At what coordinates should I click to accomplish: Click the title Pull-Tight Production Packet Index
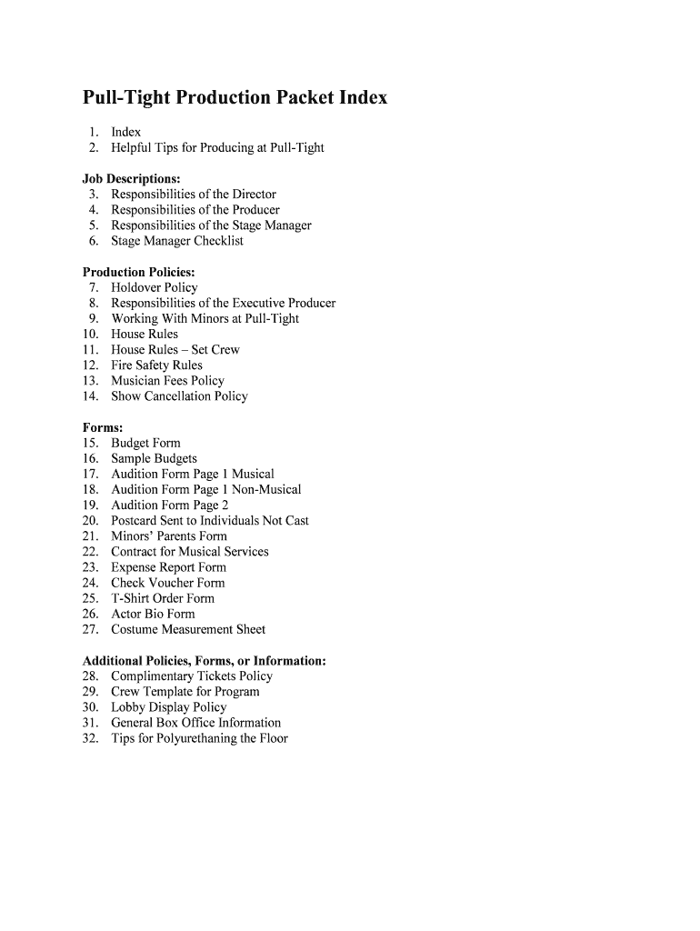(x=235, y=97)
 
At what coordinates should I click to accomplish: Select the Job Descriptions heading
(x=132, y=178)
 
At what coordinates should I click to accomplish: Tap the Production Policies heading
(x=139, y=272)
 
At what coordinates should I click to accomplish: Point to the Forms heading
(x=103, y=427)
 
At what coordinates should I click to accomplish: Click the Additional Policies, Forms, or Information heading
(x=205, y=661)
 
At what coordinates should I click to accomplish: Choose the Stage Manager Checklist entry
(x=177, y=241)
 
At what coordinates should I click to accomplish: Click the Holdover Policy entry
(x=154, y=287)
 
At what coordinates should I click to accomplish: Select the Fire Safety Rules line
(x=156, y=365)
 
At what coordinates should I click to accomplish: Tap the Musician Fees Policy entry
(x=167, y=381)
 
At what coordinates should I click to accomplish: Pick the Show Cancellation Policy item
(x=179, y=396)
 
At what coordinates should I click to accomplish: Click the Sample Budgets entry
(x=154, y=459)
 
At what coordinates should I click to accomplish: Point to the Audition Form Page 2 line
(x=170, y=506)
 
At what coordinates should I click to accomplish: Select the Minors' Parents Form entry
(x=169, y=536)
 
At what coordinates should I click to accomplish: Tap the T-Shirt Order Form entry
(x=163, y=598)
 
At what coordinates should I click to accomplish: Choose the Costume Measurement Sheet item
(x=188, y=629)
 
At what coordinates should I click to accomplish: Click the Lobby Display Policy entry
(x=169, y=707)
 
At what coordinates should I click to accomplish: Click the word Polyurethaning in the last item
(x=197, y=738)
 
